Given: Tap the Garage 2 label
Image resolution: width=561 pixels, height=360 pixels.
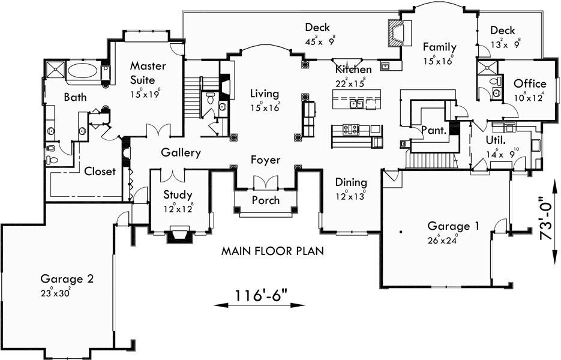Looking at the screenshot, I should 67,278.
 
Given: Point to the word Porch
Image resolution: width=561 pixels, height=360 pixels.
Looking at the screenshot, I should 265,200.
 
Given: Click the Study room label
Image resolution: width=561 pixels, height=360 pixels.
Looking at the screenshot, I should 178,195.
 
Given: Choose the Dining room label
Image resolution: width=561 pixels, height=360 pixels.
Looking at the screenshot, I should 351,182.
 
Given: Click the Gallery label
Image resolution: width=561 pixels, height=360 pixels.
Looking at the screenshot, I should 180,153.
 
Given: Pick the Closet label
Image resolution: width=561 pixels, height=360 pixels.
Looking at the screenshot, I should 100,172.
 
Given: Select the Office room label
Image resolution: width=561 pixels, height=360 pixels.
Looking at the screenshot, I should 530,83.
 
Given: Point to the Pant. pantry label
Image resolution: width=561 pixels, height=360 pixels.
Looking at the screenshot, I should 432,130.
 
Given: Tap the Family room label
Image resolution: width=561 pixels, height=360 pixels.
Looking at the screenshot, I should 439,47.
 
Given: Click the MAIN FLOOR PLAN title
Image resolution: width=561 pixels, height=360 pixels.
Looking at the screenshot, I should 272,251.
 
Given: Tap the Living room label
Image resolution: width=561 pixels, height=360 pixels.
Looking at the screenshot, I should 265,94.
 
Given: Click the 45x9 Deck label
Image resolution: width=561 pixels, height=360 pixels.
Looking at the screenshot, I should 317,27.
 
